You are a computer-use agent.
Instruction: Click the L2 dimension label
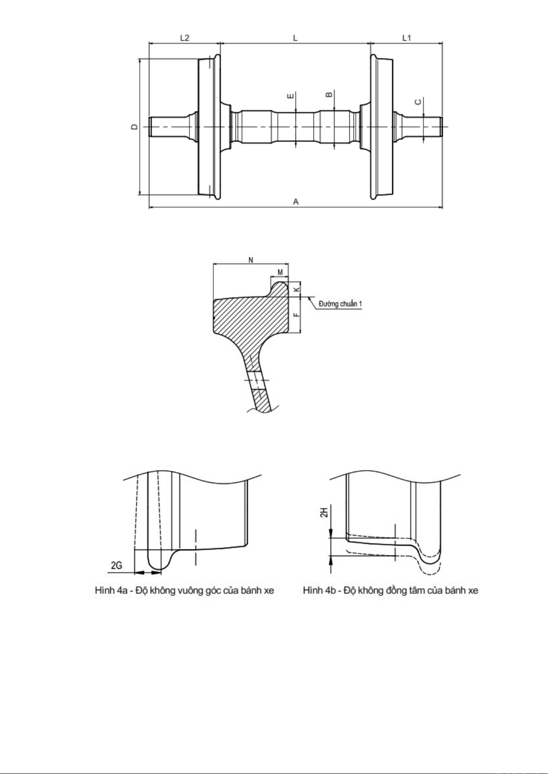point(184,38)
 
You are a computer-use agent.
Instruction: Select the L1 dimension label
point(406,38)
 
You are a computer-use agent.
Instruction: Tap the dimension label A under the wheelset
point(296,202)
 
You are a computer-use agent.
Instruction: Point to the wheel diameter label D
point(134,126)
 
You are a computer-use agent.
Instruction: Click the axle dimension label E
point(290,96)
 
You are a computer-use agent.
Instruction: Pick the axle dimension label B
point(329,95)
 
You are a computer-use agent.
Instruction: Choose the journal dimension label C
point(418,102)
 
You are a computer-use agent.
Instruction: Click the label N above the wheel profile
point(251,260)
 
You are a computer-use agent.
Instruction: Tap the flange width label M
point(280,272)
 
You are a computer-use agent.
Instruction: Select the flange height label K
point(297,289)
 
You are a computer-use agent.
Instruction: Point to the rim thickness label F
point(297,315)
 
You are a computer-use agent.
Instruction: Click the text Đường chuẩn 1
point(340,304)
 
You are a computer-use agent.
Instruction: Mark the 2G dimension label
point(116,565)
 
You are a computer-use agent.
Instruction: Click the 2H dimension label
point(324,512)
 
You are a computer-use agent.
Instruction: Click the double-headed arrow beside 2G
point(148,572)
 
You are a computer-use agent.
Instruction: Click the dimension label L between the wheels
point(295,38)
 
